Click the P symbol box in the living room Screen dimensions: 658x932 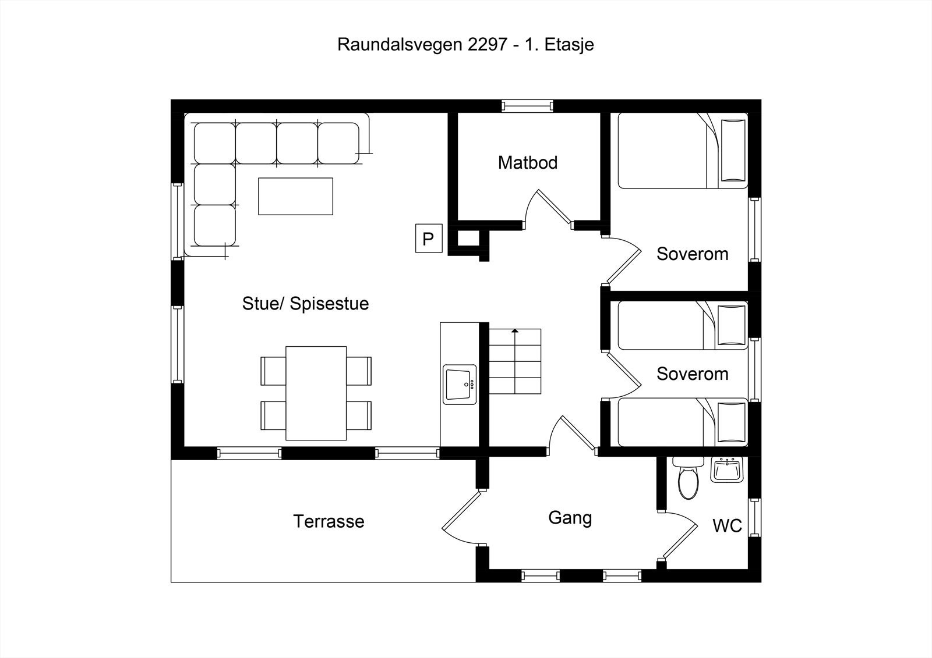pos(428,239)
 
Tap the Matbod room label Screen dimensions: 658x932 pos(528,163)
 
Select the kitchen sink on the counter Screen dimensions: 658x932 pos(460,385)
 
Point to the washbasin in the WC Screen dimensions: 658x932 pos(726,470)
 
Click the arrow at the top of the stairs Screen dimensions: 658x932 pos(515,332)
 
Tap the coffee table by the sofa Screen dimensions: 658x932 pos(295,196)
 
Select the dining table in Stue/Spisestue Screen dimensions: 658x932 pos(316,393)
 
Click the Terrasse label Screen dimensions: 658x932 pos(329,521)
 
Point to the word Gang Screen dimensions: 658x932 pos(570,518)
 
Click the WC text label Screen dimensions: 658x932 pos(727,526)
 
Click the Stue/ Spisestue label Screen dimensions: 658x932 pos(305,304)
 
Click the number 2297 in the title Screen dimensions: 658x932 pos(487,45)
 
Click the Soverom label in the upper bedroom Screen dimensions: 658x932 pos(692,254)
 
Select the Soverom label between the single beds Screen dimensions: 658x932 pos(692,374)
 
